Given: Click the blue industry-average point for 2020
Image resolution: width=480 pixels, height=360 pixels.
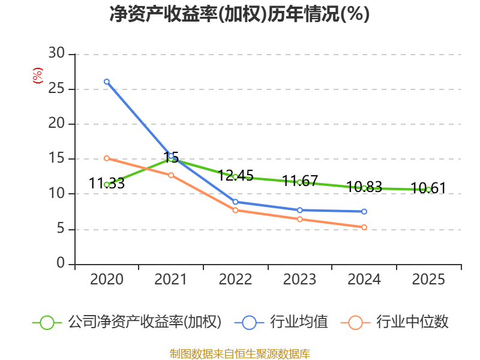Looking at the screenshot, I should [107, 82].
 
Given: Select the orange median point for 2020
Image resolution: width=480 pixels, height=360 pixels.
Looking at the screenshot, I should [107, 158].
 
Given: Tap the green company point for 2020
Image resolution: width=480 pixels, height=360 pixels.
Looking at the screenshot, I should [107, 185].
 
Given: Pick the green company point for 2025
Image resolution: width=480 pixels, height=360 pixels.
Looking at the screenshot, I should [428, 190].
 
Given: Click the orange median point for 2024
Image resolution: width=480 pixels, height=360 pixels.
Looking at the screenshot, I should [364, 227].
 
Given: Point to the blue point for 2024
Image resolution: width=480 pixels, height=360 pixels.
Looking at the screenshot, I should [364, 212].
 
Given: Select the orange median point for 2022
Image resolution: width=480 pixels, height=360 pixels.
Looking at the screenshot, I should [235, 210].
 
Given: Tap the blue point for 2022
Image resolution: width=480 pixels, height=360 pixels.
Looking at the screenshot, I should [235, 202].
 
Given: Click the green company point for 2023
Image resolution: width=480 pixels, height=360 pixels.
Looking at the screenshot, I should [299, 182].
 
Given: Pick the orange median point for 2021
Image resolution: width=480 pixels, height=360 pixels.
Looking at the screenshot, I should [171, 175].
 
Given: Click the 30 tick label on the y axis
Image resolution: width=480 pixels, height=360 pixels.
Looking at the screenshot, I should [56, 54].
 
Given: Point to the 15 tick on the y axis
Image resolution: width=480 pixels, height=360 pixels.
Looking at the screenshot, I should [56, 159].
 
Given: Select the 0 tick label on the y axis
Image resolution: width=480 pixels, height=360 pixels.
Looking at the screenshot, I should [61, 264].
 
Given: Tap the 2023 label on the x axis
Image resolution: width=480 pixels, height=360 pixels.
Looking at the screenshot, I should [299, 280].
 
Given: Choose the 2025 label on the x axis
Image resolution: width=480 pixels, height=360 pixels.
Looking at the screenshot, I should [428, 280].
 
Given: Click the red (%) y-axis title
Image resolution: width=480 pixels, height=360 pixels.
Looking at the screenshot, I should [38, 76].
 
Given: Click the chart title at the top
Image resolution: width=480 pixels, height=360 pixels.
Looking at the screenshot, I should [239, 14].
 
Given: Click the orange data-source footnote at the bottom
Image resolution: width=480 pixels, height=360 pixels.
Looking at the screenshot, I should [239, 353].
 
